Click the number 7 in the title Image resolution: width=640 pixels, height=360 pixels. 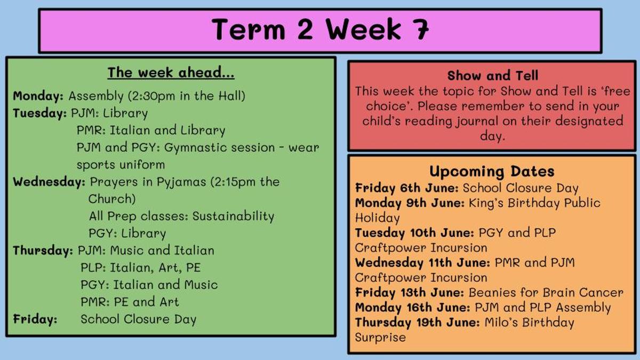419,29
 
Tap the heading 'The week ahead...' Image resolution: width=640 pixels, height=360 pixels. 171,73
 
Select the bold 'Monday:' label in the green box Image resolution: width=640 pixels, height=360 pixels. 38,96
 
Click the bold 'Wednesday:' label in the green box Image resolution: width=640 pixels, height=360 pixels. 49,182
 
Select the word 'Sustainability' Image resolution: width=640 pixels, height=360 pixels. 233,217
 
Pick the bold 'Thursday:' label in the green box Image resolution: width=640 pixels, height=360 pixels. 43,251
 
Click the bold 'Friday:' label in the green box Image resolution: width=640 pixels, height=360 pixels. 35,319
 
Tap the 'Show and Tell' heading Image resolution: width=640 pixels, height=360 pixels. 493,76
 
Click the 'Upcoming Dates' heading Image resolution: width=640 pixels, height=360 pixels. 492,172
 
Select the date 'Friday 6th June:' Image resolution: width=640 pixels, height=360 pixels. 407,188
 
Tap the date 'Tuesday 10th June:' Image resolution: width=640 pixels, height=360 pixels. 414,233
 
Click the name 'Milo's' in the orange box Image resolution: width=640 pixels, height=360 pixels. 501,323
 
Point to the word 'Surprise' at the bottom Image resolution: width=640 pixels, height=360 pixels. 380,338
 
